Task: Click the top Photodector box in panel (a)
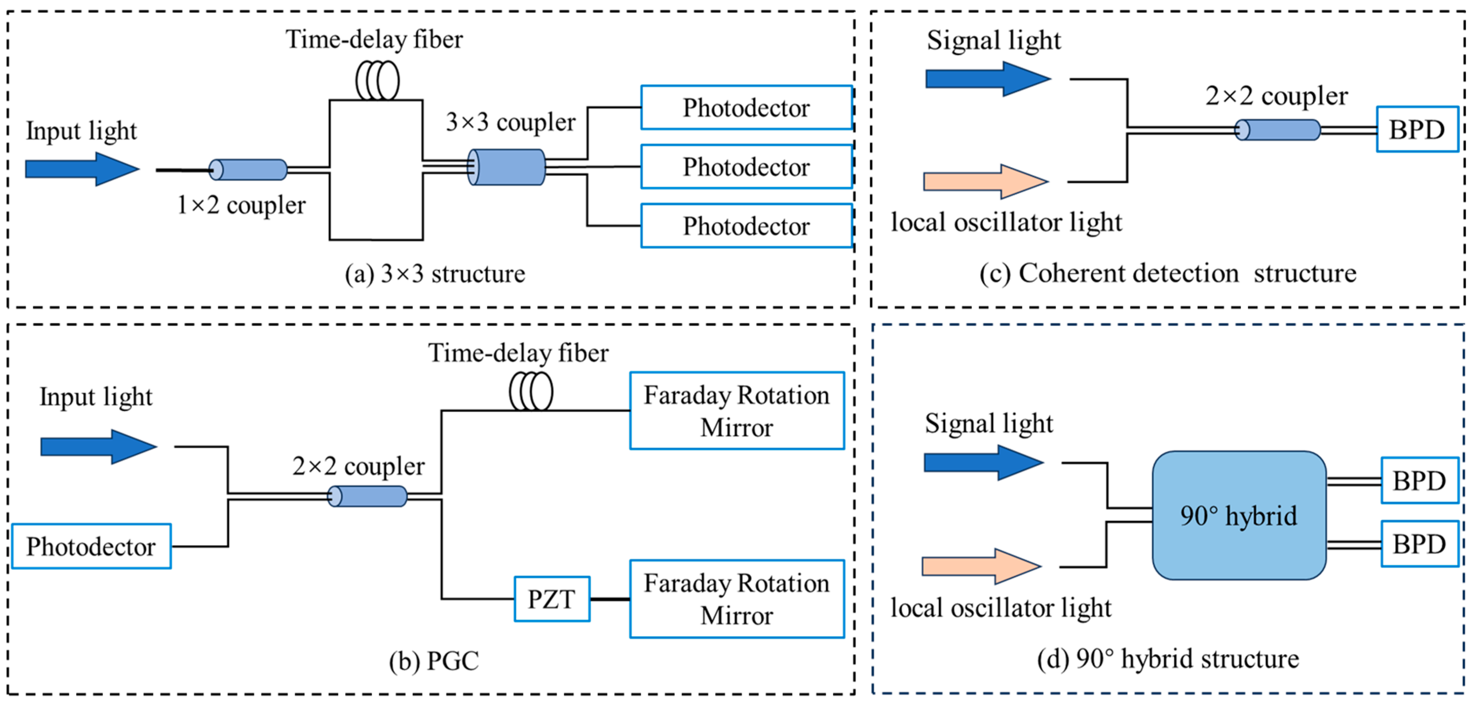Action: [x=746, y=107]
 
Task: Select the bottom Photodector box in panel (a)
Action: [x=746, y=226]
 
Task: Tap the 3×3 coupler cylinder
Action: [x=507, y=167]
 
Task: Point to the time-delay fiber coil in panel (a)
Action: [x=378, y=81]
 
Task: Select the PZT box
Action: [x=552, y=599]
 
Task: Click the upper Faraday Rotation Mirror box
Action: [x=736, y=411]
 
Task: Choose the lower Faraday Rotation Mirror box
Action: [x=736, y=599]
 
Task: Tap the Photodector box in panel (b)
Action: [x=91, y=547]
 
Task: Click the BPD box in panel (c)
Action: [x=1417, y=129]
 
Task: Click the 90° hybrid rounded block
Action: [x=1239, y=516]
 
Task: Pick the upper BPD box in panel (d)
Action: [x=1419, y=481]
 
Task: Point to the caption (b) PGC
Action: [x=434, y=661]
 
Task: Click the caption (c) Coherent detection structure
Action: [x=1168, y=273]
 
